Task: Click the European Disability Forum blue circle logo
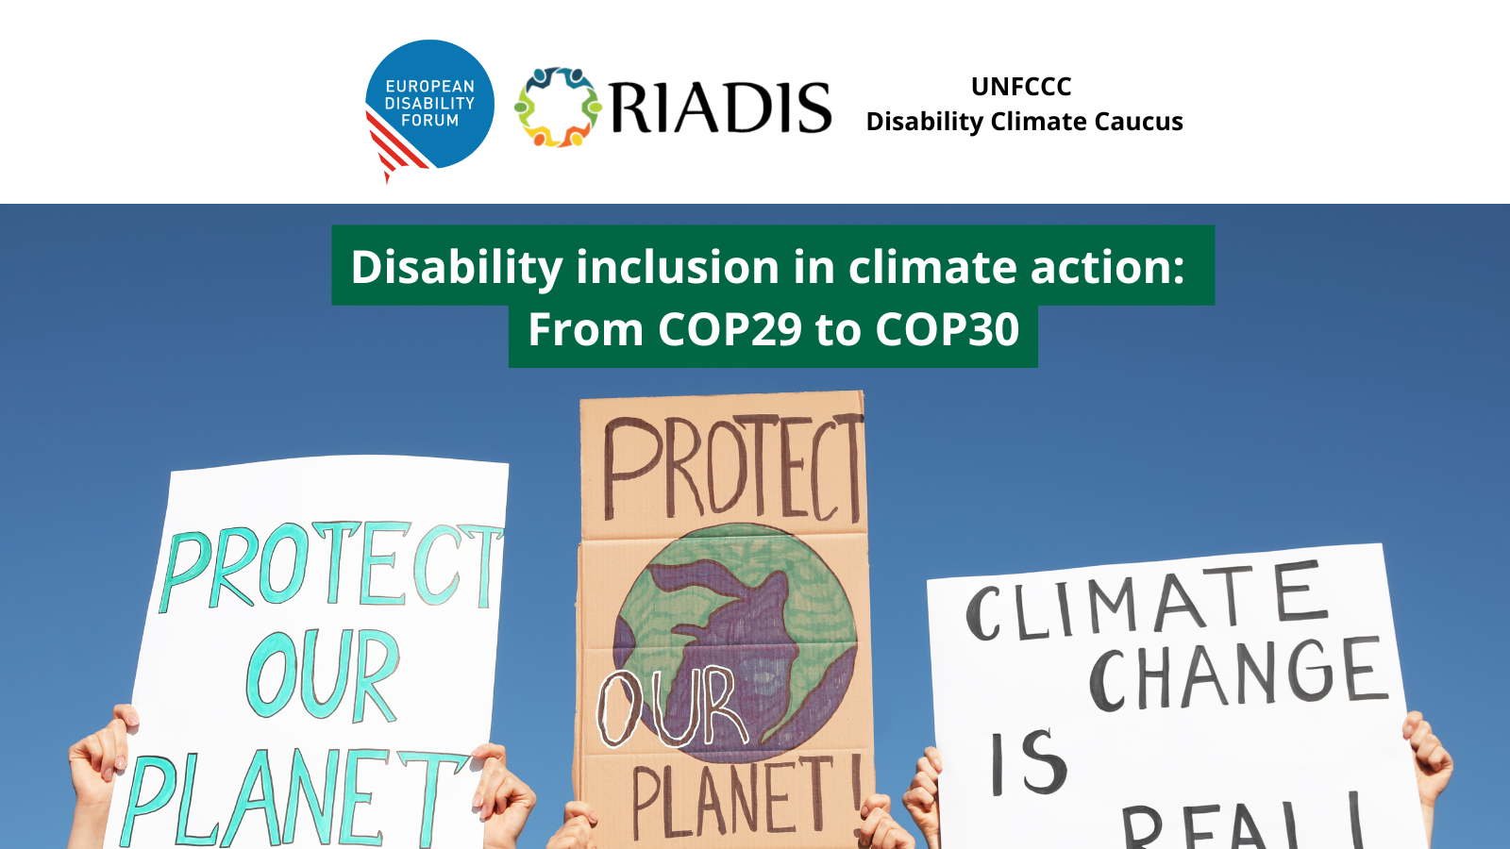tap(430, 104)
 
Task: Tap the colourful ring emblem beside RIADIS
tap(558, 108)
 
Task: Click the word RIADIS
tap(721, 108)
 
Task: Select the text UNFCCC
tap(1021, 86)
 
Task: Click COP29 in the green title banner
tap(730, 329)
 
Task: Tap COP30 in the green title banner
tap(948, 329)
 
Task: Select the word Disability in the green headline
tap(457, 268)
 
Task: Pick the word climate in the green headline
tap(932, 267)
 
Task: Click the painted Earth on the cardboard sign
tap(735, 643)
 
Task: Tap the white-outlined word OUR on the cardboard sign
tap(671, 707)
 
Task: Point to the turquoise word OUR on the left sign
tap(323, 674)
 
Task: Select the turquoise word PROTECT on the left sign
tap(331, 566)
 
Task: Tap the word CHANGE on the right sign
tap(1237, 674)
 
